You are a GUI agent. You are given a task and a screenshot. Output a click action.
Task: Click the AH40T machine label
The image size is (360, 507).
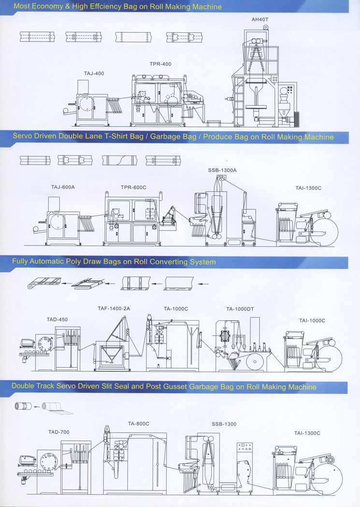[x=260, y=19]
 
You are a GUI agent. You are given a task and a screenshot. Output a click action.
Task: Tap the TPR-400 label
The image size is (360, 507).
[x=160, y=64]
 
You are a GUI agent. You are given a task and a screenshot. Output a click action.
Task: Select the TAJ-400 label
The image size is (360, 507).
[x=94, y=73]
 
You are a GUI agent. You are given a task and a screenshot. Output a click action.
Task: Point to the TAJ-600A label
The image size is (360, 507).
[x=63, y=187]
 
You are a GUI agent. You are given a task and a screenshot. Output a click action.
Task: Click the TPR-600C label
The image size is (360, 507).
[x=133, y=187]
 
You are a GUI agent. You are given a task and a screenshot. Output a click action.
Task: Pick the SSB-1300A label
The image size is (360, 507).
[x=222, y=170]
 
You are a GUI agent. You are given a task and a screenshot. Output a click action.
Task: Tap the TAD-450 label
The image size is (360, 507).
[x=57, y=320]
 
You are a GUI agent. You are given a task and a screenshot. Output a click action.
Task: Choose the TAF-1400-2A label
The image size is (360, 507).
[x=114, y=309]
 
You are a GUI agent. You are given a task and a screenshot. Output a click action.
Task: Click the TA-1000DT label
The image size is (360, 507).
[x=240, y=309]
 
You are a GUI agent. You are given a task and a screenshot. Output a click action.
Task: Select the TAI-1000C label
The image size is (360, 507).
[x=312, y=321]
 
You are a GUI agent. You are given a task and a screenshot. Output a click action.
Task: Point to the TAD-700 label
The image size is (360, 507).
[x=59, y=432]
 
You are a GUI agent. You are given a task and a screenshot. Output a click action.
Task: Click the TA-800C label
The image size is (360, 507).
[x=138, y=423]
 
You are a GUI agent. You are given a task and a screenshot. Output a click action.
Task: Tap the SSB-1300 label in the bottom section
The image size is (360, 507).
[x=224, y=424]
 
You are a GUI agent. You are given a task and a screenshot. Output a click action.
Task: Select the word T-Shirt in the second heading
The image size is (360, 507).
[x=116, y=136]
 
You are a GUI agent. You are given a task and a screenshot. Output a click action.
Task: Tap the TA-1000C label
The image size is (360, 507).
[x=176, y=309]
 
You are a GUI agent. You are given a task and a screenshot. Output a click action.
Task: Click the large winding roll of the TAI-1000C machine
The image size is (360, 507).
[x=329, y=358]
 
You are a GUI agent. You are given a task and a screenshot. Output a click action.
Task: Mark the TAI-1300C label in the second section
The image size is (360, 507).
[x=308, y=188]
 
